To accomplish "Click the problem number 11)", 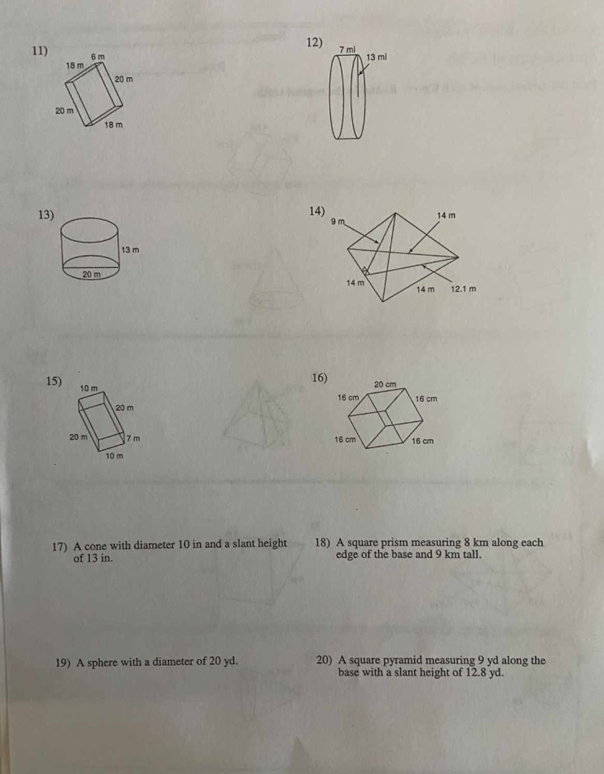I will pyautogui.click(x=39, y=51).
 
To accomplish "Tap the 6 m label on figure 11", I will pyautogui.click(x=97, y=56).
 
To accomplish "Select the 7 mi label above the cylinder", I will pyautogui.click(x=347, y=49).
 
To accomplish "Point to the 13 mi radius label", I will pyautogui.click(x=376, y=57).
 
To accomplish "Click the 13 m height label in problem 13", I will pyautogui.click(x=130, y=250).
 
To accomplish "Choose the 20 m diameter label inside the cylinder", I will pyautogui.click(x=92, y=274).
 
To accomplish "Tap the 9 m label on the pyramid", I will pyautogui.click(x=338, y=222).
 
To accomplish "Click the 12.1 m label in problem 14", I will pyautogui.click(x=463, y=289).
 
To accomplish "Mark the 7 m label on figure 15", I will pyautogui.click(x=134, y=438).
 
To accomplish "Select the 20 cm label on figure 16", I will pyautogui.click(x=385, y=384).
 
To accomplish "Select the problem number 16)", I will pyautogui.click(x=319, y=378).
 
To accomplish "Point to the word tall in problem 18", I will pyautogui.click(x=471, y=555).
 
